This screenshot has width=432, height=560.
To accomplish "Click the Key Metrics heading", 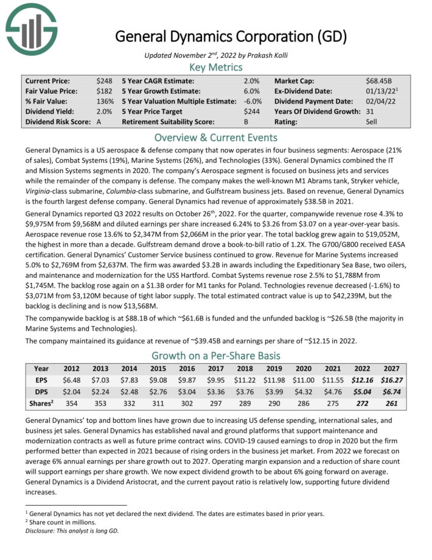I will pos(216,67).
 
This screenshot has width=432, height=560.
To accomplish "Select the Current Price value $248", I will pos(104,80).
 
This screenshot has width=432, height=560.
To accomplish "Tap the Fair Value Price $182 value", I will pos(104,91).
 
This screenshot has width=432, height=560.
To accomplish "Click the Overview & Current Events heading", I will pos(216,137).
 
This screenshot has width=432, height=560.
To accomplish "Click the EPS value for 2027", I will pos(390,379).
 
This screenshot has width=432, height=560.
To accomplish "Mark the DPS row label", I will pos(41,391).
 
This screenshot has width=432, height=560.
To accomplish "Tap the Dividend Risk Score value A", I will pos(99,122).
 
